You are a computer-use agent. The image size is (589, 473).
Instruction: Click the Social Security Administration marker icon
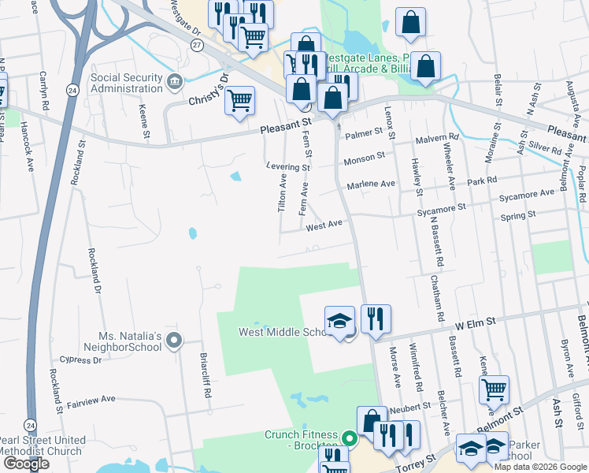tap(175, 80)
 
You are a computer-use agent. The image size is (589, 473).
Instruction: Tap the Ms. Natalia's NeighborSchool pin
tap(175, 341)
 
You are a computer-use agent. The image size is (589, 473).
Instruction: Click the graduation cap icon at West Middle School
tap(339, 322)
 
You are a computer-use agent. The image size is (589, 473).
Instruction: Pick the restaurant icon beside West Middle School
tap(376, 318)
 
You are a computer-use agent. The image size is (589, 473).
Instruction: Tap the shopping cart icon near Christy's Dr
tap(239, 101)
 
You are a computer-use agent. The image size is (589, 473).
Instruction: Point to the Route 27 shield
tap(196, 46)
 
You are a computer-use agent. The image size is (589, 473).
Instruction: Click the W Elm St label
tap(472, 322)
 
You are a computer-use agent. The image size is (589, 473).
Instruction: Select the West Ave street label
tap(324, 225)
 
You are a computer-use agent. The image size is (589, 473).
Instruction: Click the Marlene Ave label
tap(371, 184)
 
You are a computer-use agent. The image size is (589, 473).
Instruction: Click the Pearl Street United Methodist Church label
tap(42, 445)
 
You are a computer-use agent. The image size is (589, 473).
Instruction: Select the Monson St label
tap(364, 159)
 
